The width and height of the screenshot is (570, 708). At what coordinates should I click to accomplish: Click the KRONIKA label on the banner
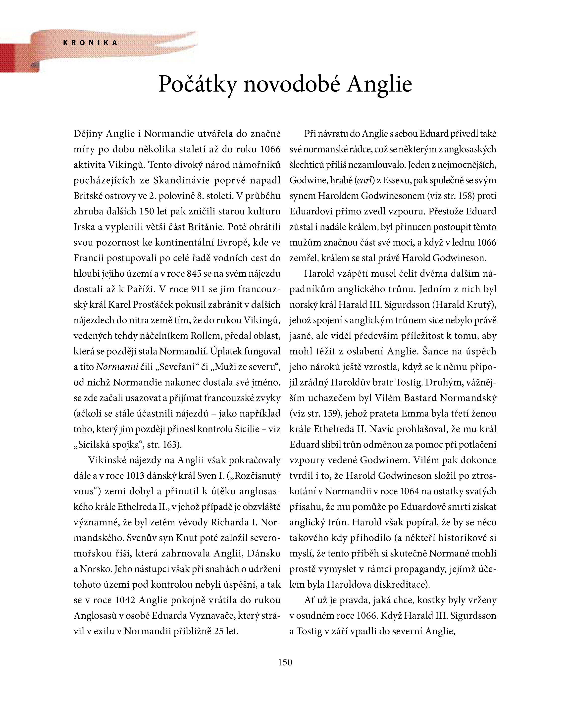click(90, 43)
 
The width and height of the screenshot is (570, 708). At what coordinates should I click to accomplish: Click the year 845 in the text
click(194, 274)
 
